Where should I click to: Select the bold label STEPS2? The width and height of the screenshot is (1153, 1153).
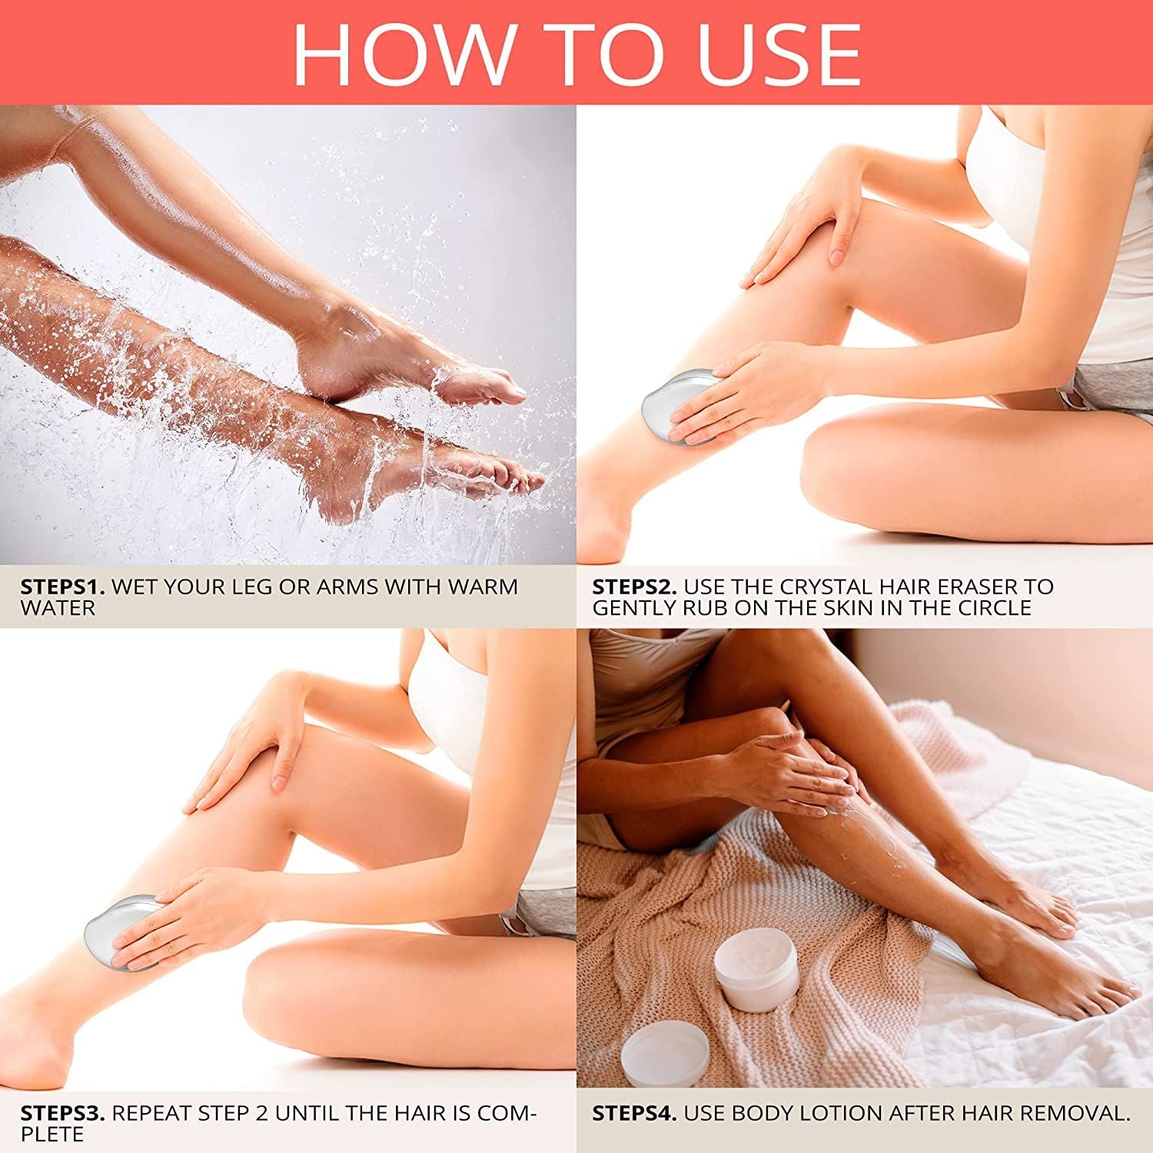click(634, 586)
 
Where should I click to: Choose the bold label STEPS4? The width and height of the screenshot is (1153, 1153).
click(634, 1113)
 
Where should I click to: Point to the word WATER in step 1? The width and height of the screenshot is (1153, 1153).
click(58, 608)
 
